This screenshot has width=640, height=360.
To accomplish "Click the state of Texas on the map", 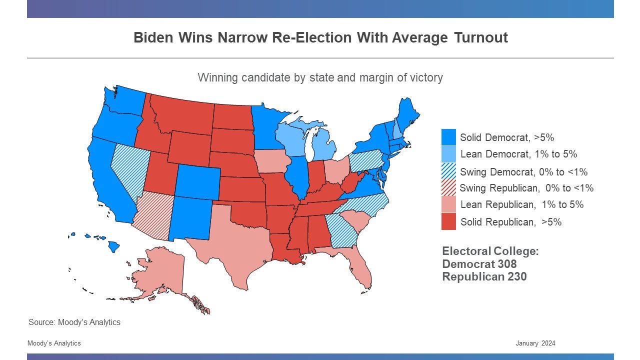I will (x=235, y=245).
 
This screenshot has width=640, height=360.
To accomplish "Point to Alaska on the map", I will (x=160, y=275).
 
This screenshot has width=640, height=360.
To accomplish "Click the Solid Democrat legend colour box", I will (x=448, y=137).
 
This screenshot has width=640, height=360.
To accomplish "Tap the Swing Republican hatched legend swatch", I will (x=448, y=188).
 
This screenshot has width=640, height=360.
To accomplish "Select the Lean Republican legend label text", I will (x=521, y=204).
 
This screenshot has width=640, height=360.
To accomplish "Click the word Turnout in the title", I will (x=481, y=37).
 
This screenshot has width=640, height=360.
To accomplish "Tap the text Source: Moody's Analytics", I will (x=74, y=322).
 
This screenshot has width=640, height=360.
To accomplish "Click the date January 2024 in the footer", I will (x=535, y=343).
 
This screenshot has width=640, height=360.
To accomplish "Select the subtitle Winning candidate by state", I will (x=320, y=77).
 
